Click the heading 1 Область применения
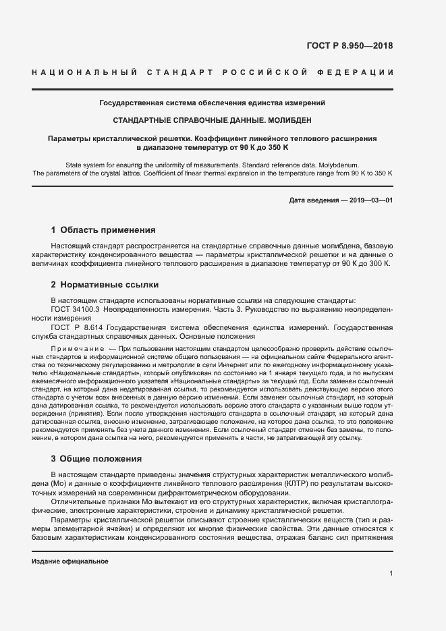click(x=103, y=229)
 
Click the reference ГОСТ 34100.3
click(x=75, y=308)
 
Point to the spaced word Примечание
click(x=74, y=347)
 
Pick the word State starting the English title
click(x=74, y=165)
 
